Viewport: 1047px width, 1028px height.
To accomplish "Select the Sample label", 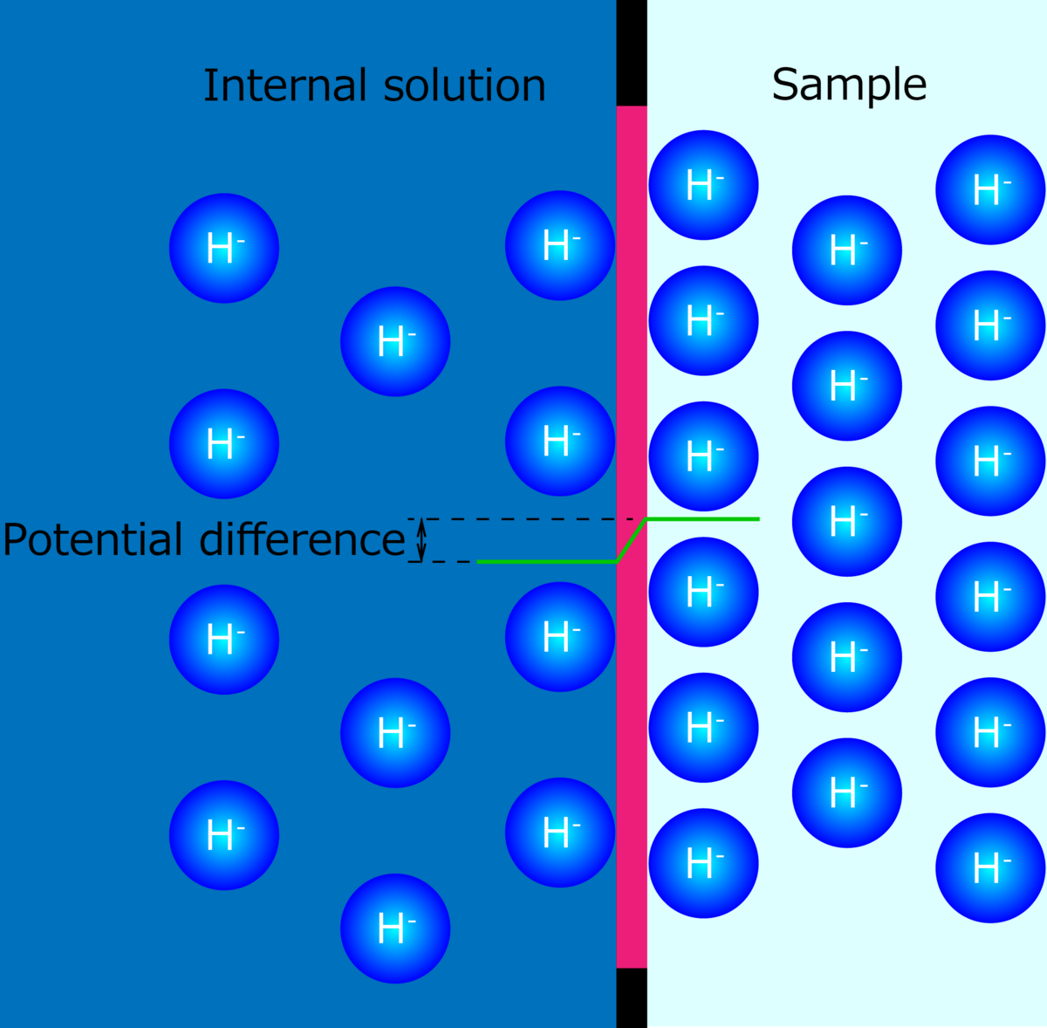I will coord(849,86).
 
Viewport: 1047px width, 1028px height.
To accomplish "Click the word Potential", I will coord(97,540).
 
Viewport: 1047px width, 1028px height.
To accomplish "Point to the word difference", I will coord(302,540).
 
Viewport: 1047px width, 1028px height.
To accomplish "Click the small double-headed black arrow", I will coord(421,539).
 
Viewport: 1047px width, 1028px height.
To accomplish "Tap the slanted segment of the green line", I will coord(632,540).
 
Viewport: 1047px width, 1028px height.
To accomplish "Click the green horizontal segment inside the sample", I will coord(702,519).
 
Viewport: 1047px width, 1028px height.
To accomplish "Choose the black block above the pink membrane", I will coord(632,52).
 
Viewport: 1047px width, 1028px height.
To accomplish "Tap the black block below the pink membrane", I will coord(632,997).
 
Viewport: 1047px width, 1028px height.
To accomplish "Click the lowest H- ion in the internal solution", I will coord(395,929).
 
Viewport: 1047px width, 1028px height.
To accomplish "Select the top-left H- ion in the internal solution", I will coord(224,249).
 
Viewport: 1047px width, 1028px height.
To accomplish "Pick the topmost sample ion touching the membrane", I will coord(703,185).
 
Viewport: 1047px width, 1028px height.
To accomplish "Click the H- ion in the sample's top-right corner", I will coord(990,189).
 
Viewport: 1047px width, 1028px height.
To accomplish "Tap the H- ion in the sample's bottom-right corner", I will coord(990,867).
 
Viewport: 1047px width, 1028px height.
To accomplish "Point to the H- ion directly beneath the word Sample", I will coord(847,250).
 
